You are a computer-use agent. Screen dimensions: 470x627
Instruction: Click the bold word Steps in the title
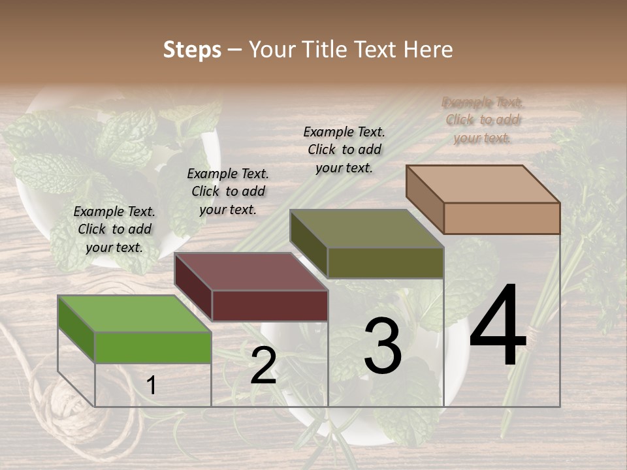pos(192,50)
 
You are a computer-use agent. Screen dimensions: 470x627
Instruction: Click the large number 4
pos(498,326)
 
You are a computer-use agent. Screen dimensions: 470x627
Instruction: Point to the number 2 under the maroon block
pos(263,366)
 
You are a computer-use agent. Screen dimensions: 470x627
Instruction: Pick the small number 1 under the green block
pos(151,385)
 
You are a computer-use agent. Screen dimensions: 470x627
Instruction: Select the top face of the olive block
pos(367,228)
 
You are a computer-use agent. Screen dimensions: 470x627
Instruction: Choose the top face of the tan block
pos(483,184)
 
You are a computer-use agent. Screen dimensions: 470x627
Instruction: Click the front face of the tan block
pos(502,218)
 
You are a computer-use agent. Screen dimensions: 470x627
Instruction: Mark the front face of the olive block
pos(385,262)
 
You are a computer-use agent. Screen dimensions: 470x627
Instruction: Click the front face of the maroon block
pos(270,305)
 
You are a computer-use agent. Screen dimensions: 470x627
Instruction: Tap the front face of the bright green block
pos(153,347)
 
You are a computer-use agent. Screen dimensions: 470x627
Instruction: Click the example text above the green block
pos(114,229)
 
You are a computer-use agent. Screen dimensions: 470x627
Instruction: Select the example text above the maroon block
pos(228,191)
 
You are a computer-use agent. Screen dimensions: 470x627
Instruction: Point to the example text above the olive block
pos(344,149)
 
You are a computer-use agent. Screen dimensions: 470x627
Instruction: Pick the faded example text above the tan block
pos(483,120)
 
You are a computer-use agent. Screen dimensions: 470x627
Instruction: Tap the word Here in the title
pos(429,50)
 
